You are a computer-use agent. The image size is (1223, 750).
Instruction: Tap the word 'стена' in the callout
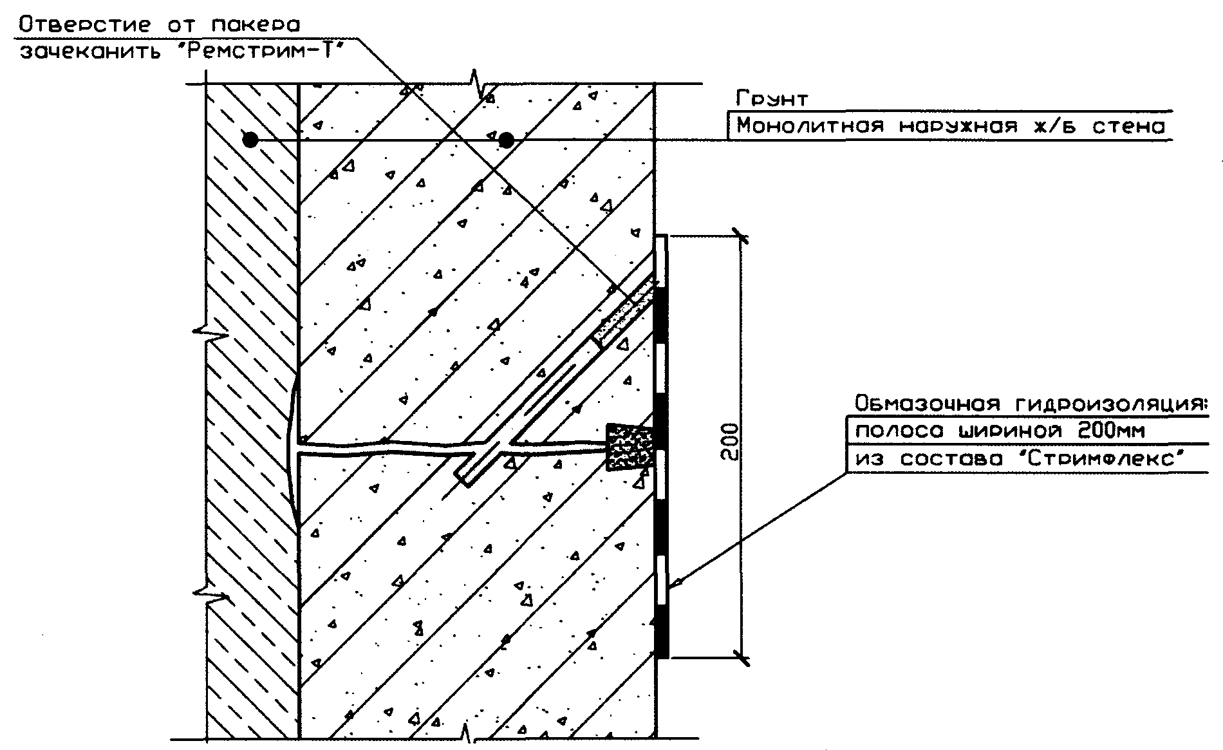pyautogui.click(x=1128, y=126)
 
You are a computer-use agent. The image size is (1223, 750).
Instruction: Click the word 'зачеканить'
pyautogui.click(x=95, y=52)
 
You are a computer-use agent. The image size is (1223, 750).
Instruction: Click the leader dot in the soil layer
pyautogui.click(x=250, y=139)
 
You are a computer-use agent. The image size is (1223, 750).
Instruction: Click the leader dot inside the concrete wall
pyautogui.click(x=507, y=139)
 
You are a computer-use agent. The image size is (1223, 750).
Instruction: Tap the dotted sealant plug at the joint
pyautogui.click(x=631, y=446)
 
